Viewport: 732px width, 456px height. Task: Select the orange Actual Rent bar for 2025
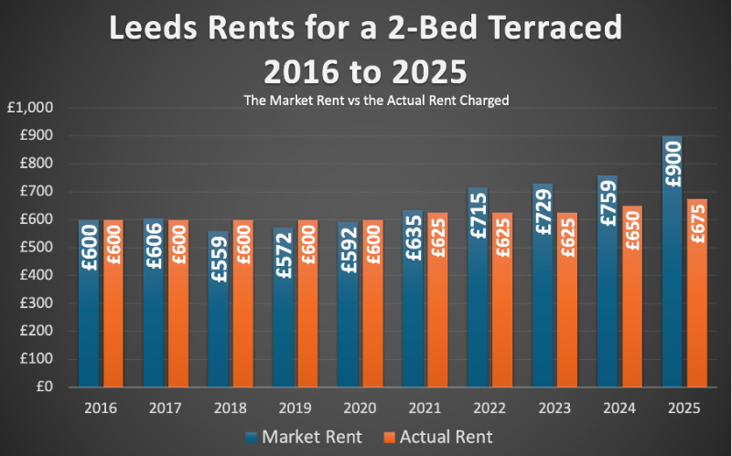(697, 311)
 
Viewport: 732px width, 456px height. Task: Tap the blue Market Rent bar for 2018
(219, 329)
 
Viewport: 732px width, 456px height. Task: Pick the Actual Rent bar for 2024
(632, 311)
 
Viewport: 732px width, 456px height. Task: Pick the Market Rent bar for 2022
(478, 302)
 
